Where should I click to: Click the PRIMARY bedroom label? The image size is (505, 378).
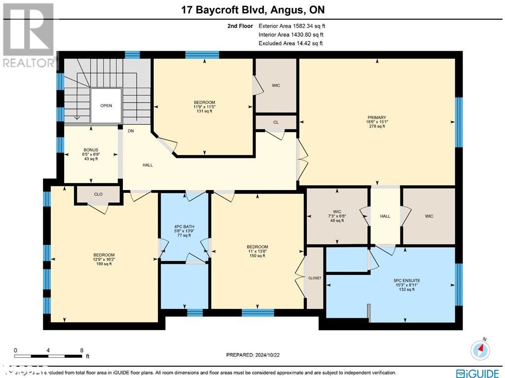377,118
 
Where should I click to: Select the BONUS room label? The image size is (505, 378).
90,150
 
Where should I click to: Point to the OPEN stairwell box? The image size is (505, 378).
106,106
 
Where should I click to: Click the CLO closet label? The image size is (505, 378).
98,194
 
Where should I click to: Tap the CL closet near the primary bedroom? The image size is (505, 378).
276,122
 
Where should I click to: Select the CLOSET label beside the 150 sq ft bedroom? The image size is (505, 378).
315,278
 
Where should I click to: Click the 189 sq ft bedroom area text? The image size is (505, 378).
104,264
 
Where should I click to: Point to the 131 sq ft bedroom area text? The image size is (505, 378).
204,111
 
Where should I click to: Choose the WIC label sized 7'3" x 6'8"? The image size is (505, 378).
337,212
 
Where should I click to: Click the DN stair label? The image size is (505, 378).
131,131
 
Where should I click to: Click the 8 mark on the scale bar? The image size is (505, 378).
81,351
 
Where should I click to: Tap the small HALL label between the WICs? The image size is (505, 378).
385,216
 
